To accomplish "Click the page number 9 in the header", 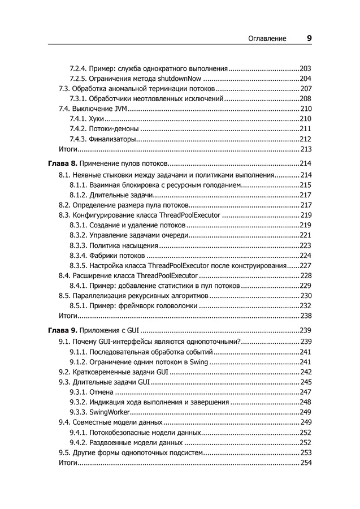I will (x=309, y=38).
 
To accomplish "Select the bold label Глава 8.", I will (x=60, y=163).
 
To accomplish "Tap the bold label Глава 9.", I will (x=60, y=330).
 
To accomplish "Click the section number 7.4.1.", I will (x=79, y=118).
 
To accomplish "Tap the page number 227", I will (x=306, y=265).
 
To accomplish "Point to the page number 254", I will (x=306, y=463).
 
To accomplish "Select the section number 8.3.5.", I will (x=79, y=265).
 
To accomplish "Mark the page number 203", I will (x=306, y=67).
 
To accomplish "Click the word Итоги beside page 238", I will (x=68, y=316).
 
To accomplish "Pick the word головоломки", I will (x=173, y=305).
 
